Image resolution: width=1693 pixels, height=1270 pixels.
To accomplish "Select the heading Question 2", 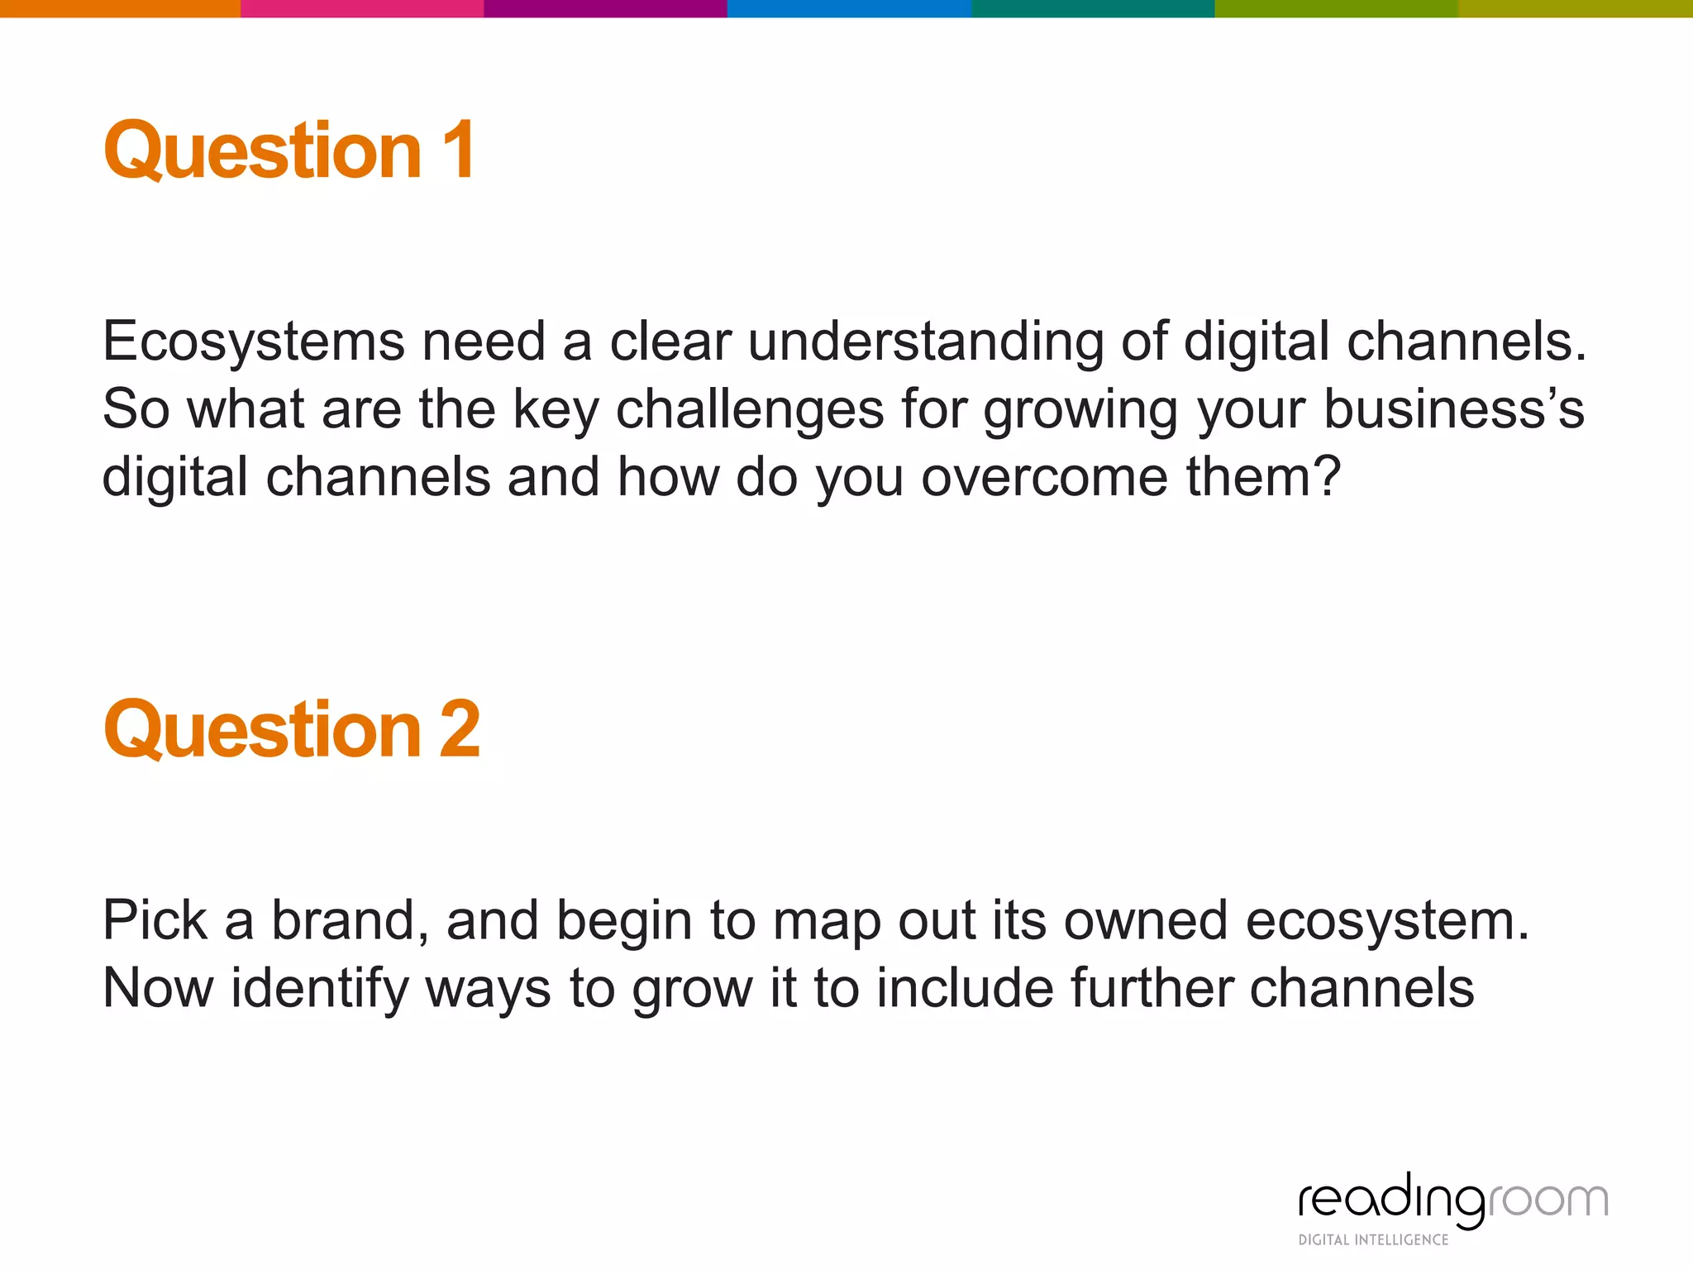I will pos(292,728).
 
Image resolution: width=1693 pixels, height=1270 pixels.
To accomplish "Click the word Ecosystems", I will pos(254,341).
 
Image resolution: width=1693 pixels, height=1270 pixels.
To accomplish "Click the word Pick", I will pos(155,920).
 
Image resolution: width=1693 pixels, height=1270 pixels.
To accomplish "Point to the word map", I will pos(827,920).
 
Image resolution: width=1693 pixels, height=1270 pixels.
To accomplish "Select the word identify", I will pos(319,988).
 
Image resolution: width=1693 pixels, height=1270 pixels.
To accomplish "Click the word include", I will pos(965,988).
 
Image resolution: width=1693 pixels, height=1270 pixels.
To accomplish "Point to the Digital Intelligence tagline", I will pos(1373,1239).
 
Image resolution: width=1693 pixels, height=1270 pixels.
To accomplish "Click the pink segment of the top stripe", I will pos(362,8).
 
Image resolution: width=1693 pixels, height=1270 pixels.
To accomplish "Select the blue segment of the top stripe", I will pos(849,8).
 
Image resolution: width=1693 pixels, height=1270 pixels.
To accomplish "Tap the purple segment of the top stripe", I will pos(605,8).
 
